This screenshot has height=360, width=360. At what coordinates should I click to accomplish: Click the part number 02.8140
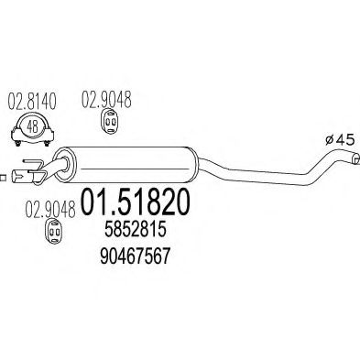click(x=28, y=98)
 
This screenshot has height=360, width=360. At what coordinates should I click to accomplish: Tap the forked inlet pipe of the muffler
click(x=34, y=172)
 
